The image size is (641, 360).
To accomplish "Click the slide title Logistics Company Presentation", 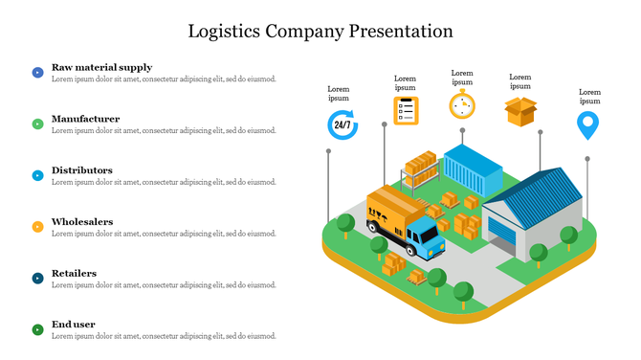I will point(320,31).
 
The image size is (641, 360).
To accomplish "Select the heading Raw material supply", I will point(101,67).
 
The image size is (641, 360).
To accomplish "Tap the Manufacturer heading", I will point(85,119).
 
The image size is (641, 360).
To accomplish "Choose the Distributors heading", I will point(82,170).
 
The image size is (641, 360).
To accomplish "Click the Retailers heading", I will point(74,273).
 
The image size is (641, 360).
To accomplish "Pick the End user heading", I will point(73,325).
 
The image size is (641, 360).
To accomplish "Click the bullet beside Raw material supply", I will point(37,72).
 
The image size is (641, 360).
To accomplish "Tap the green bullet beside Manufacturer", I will point(37,124).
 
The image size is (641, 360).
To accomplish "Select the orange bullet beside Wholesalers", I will point(37,227).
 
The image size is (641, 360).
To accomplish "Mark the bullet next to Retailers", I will point(37,279).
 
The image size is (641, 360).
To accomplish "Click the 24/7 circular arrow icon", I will point(342,124).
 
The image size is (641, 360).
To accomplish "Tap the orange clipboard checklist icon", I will point(406,110).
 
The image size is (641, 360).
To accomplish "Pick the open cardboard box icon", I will point(520,111).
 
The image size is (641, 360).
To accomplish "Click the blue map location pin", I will point(587,125).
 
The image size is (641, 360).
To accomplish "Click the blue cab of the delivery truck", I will point(426,239).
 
